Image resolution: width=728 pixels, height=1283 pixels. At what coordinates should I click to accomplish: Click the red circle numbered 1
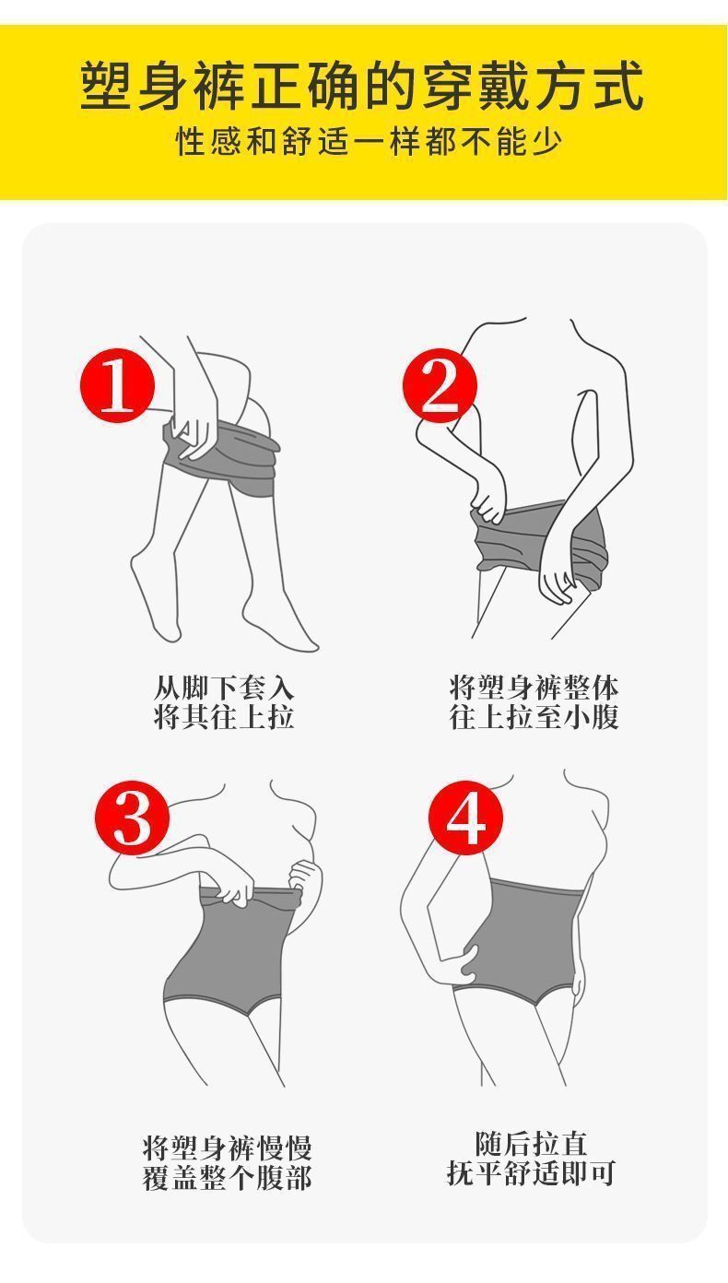pos(118,385)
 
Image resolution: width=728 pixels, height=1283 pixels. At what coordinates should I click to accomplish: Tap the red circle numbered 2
pos(440,385)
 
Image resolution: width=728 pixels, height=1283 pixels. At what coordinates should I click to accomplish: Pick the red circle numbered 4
pos(465,818)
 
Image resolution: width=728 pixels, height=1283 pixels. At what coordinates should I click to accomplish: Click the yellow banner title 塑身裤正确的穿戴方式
pos(362,87)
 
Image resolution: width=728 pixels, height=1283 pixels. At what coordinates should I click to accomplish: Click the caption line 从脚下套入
pos(224,688)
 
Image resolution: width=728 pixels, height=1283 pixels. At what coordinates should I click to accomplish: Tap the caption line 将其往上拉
pos(224,716)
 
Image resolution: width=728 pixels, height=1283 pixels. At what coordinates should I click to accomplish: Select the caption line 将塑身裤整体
pos(534,688)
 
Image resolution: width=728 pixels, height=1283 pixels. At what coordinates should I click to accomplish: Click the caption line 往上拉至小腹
pos(534,716)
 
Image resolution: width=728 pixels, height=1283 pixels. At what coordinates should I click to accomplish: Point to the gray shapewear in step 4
pos(515,939)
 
